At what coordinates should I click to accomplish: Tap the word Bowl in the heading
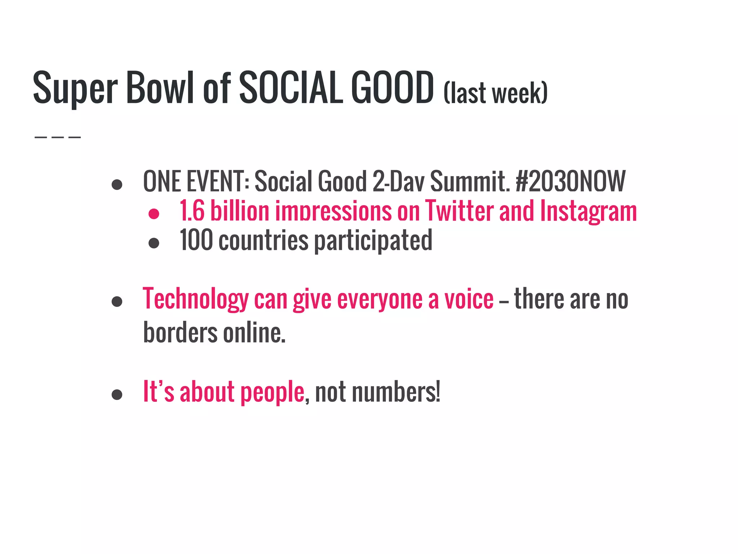tap(160, 87)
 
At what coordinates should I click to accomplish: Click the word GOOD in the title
tap(392, 87)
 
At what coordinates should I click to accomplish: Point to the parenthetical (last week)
tap(495, 93)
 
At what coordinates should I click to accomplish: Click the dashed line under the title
tap(58, 137)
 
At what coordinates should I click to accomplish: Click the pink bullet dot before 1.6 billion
tap(154, 214)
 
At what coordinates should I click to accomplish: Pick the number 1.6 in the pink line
tap(192, 211)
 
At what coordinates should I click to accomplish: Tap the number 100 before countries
tap(196, 240)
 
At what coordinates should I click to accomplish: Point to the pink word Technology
tap(196, 299)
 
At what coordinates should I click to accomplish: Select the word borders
tap(180, 332)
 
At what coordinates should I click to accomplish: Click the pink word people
tap(272, 392)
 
